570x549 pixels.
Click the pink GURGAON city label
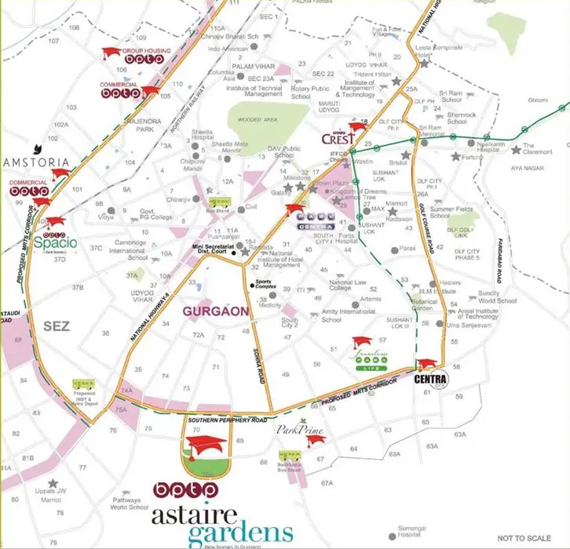[216, 311]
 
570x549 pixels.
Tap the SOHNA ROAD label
[255, 355]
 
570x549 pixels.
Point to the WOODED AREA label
[257, 120]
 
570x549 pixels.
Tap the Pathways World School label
[130, 504]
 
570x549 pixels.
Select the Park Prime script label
[295, 430]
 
